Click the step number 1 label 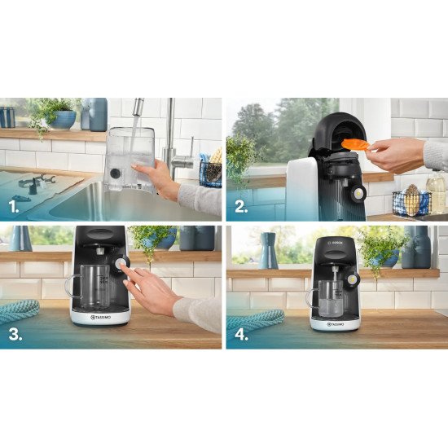pyautogui.click(x=14, y=207)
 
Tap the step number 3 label pyautogui.click(x=15, y=334)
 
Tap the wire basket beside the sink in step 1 pyautogui.click(x=210, y=172)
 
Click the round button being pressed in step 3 pyautogui.click(x=122, y=264)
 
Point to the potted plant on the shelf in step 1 pyautogui.click(x=54, y=113)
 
